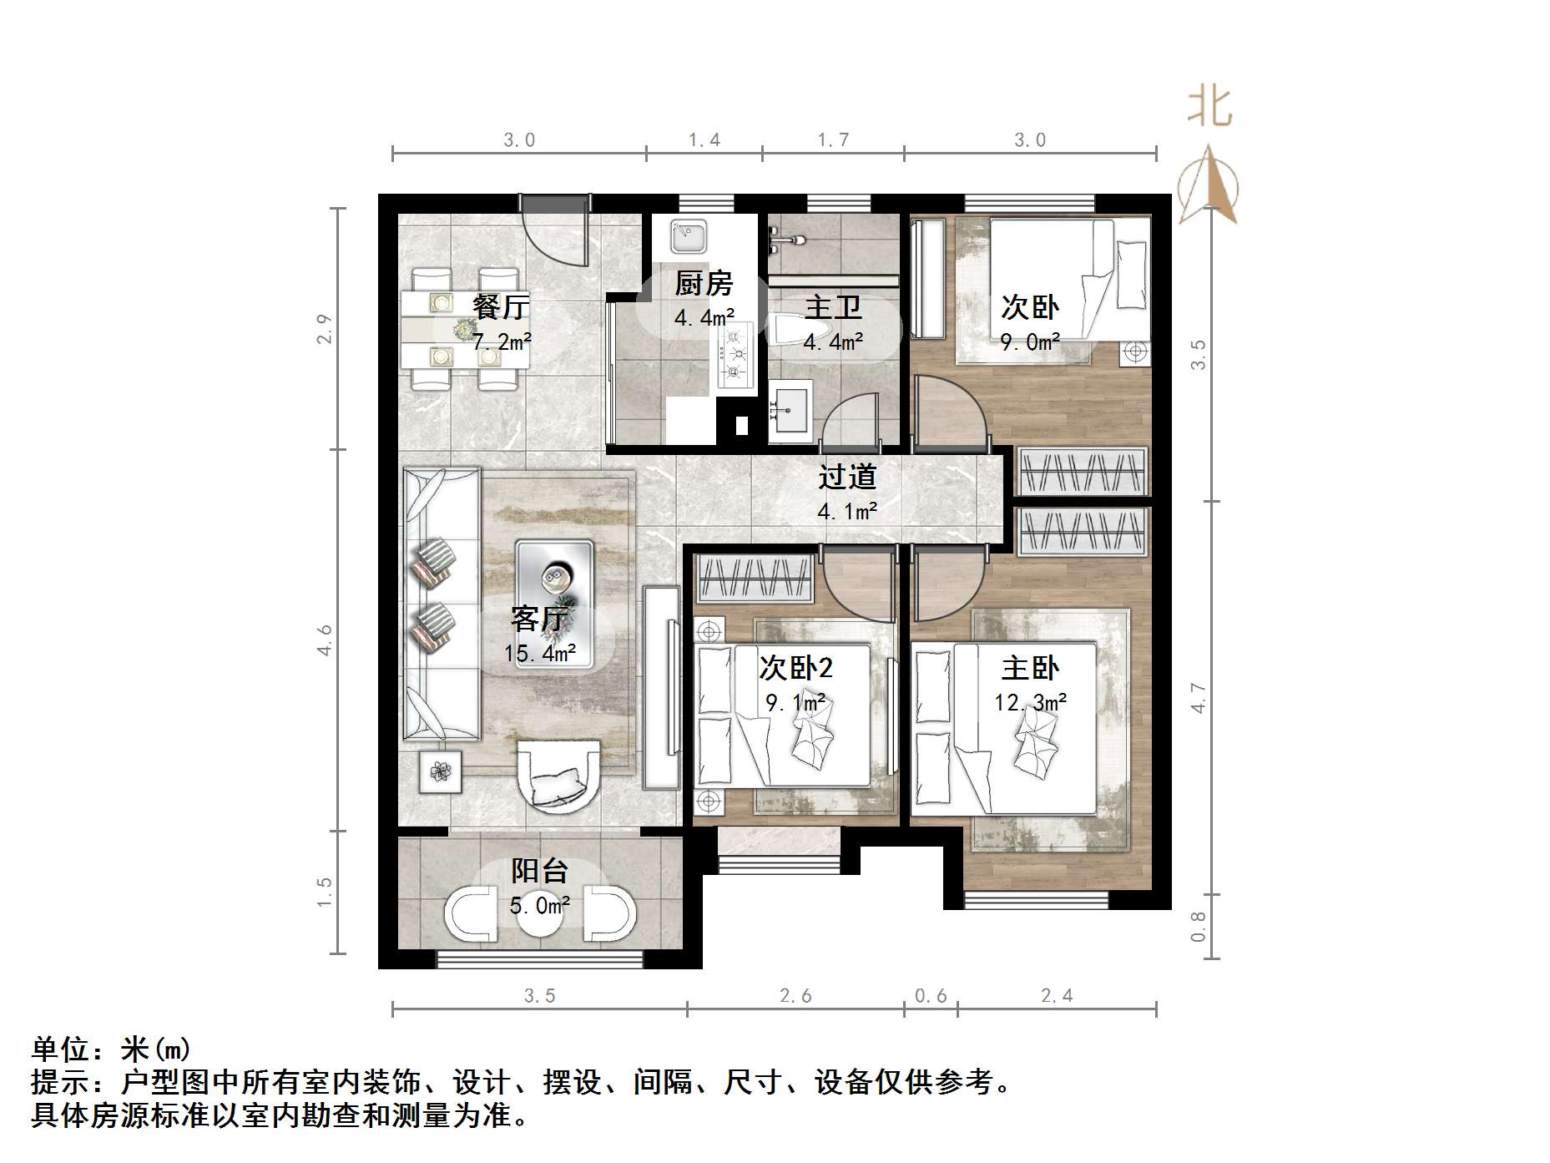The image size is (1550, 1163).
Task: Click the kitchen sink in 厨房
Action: [689, 236]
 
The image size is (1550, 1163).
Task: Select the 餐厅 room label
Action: [500, 306]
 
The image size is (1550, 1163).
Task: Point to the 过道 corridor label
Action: [847, 477]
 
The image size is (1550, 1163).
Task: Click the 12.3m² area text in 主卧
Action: [1030, 703]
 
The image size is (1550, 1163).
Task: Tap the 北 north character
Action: [1209, 108]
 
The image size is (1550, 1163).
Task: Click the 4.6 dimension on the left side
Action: [325, 640]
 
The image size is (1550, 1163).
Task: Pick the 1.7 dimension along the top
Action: [833, 140]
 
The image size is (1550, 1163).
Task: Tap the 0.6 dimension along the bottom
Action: [931, 995]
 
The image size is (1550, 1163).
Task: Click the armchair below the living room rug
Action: [558, 776]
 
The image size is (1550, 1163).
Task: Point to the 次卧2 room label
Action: [795, 668]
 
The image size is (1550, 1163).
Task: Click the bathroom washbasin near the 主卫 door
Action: [790, 410]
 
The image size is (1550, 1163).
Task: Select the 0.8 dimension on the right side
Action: [1199, 926]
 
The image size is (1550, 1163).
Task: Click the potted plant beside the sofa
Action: [440, 771]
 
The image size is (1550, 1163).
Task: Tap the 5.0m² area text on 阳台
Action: [540, 905]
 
